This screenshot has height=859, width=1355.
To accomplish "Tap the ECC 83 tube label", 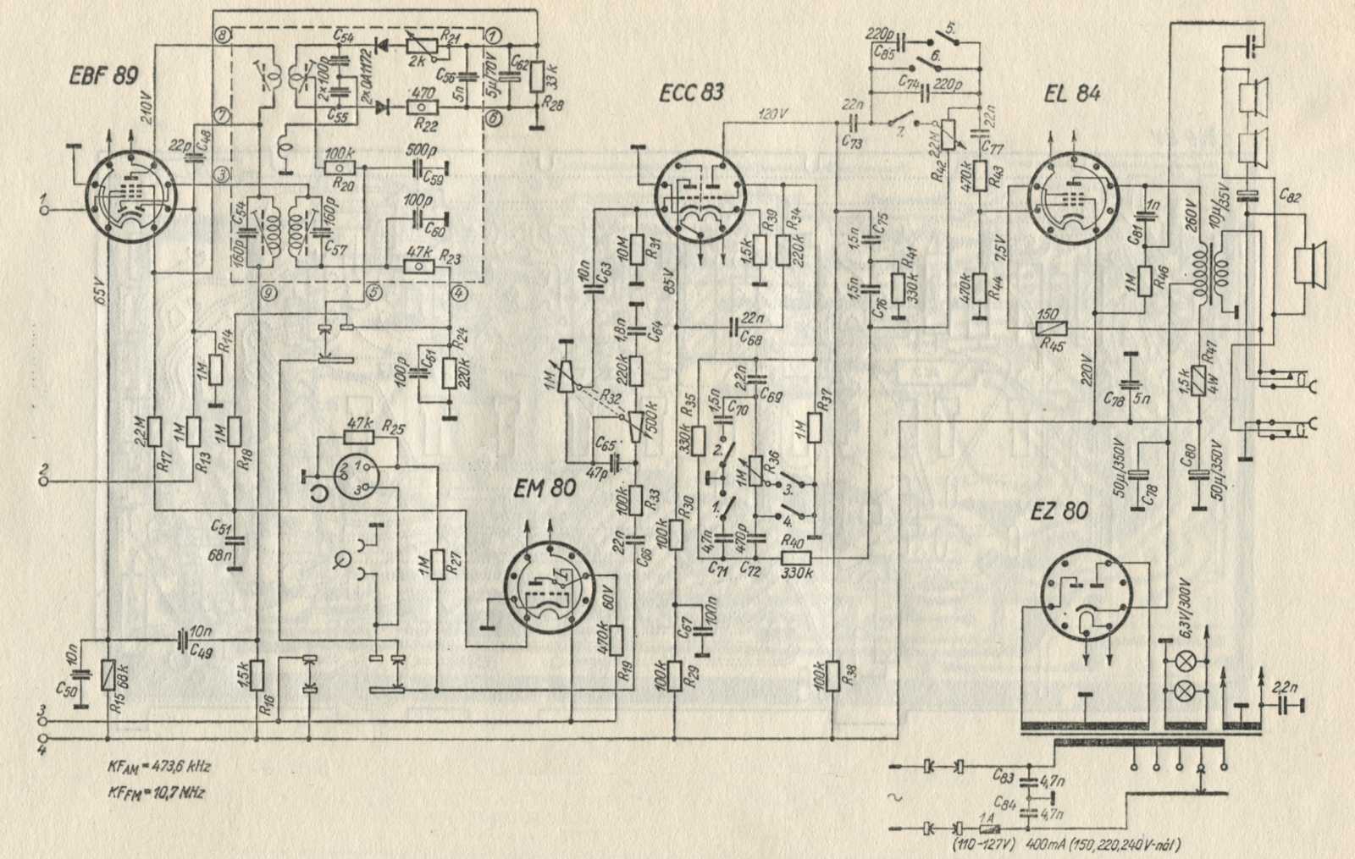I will click(x=692, y=91).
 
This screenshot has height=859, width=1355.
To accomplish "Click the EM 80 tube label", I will click(x=546, y=488).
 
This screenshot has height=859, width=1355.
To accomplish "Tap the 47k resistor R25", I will click(x=362, y=437).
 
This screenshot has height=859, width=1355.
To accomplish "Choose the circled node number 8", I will click(x=222, y=35).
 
